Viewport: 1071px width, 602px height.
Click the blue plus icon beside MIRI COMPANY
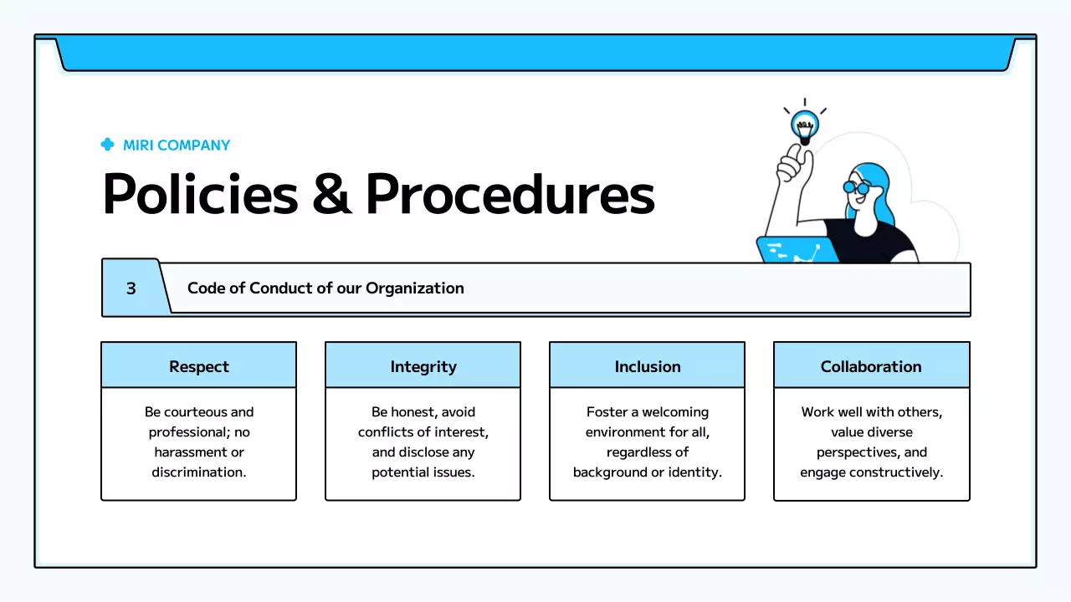[x=107, y=145]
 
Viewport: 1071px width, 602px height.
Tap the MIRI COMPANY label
[x=177, y=145]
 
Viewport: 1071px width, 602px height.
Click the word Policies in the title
[x=199, y=195]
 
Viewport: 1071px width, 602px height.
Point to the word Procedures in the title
[x=510, y=195]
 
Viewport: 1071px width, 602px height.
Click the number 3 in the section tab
[x=131, y=288]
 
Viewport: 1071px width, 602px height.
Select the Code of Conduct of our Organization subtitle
[x=325, y=288]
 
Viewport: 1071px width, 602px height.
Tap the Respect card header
[x=198, y=366]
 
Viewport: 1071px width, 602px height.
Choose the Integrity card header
[x=423, y=366]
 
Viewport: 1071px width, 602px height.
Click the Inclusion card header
[x=648, y=366]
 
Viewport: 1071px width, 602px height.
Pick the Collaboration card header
[x=871, y=366]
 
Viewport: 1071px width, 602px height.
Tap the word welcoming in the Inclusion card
[x=675, y=412]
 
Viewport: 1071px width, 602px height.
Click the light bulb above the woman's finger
[x=805, y=126]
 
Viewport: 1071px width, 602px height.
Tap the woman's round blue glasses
[x=856, y=187]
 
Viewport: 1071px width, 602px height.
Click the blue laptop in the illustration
[x=797, y=250]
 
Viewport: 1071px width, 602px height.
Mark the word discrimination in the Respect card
[x=198, y=472]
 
